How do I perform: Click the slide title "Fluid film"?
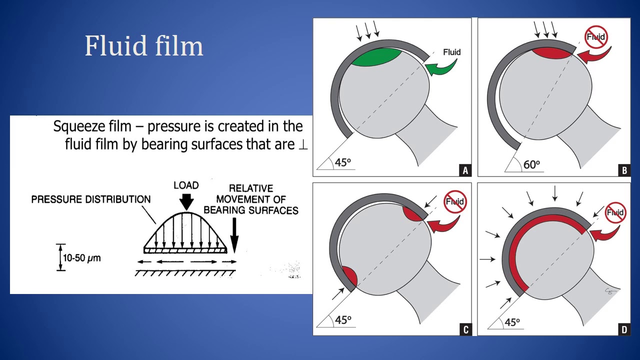tap(143, 45)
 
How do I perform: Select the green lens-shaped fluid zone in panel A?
tap(376, 57)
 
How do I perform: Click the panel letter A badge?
tap(465, 170)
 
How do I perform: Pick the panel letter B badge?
tap(624, 170)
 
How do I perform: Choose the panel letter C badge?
tap(465, 329)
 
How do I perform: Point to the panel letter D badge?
tap(624, 329)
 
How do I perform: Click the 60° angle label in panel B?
tap(531, 165)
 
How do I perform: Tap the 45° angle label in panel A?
tap(342, 162)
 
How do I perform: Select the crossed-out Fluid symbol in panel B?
tap(596, 37)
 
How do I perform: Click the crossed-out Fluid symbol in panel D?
tap(615, 213)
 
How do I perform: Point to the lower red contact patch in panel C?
tap(349, 275)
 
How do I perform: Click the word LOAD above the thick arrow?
tap(186, 185)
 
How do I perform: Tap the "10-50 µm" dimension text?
tap(81, 258)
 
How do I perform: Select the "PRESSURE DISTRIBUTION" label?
tap(91, 199)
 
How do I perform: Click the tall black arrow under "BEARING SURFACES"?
tap(234, 235)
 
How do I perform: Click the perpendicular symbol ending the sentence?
tap(303, 145)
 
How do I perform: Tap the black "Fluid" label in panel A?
tap(451, 52)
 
